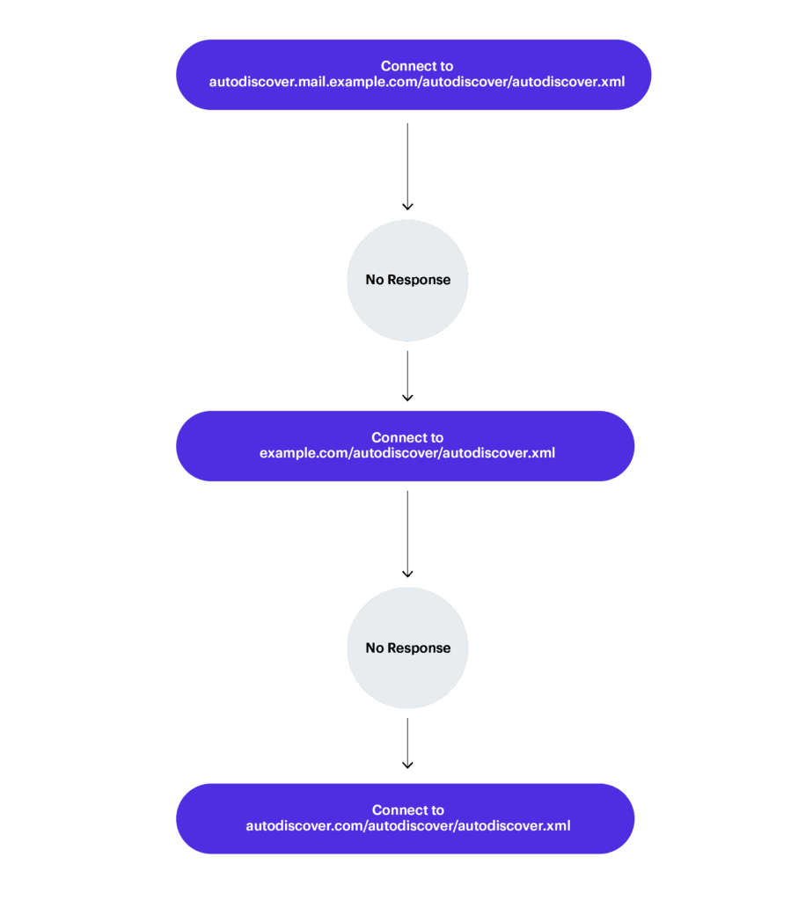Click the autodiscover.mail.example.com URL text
(417, 82)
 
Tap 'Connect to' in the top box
(417, 66)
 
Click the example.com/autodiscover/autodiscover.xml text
(406, 453)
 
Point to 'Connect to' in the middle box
(407, 437)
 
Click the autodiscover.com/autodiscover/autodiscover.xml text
(407, 825)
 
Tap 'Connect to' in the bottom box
(407, 809)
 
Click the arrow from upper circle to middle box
(407, 375)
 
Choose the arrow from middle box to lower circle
(407, 533)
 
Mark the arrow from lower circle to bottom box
(407, 742)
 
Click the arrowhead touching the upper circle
(407, 206)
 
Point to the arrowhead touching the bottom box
(407, 765)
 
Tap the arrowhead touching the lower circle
(407, 574)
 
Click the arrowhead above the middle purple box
(407, 398)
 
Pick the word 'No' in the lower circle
(375, 648)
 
